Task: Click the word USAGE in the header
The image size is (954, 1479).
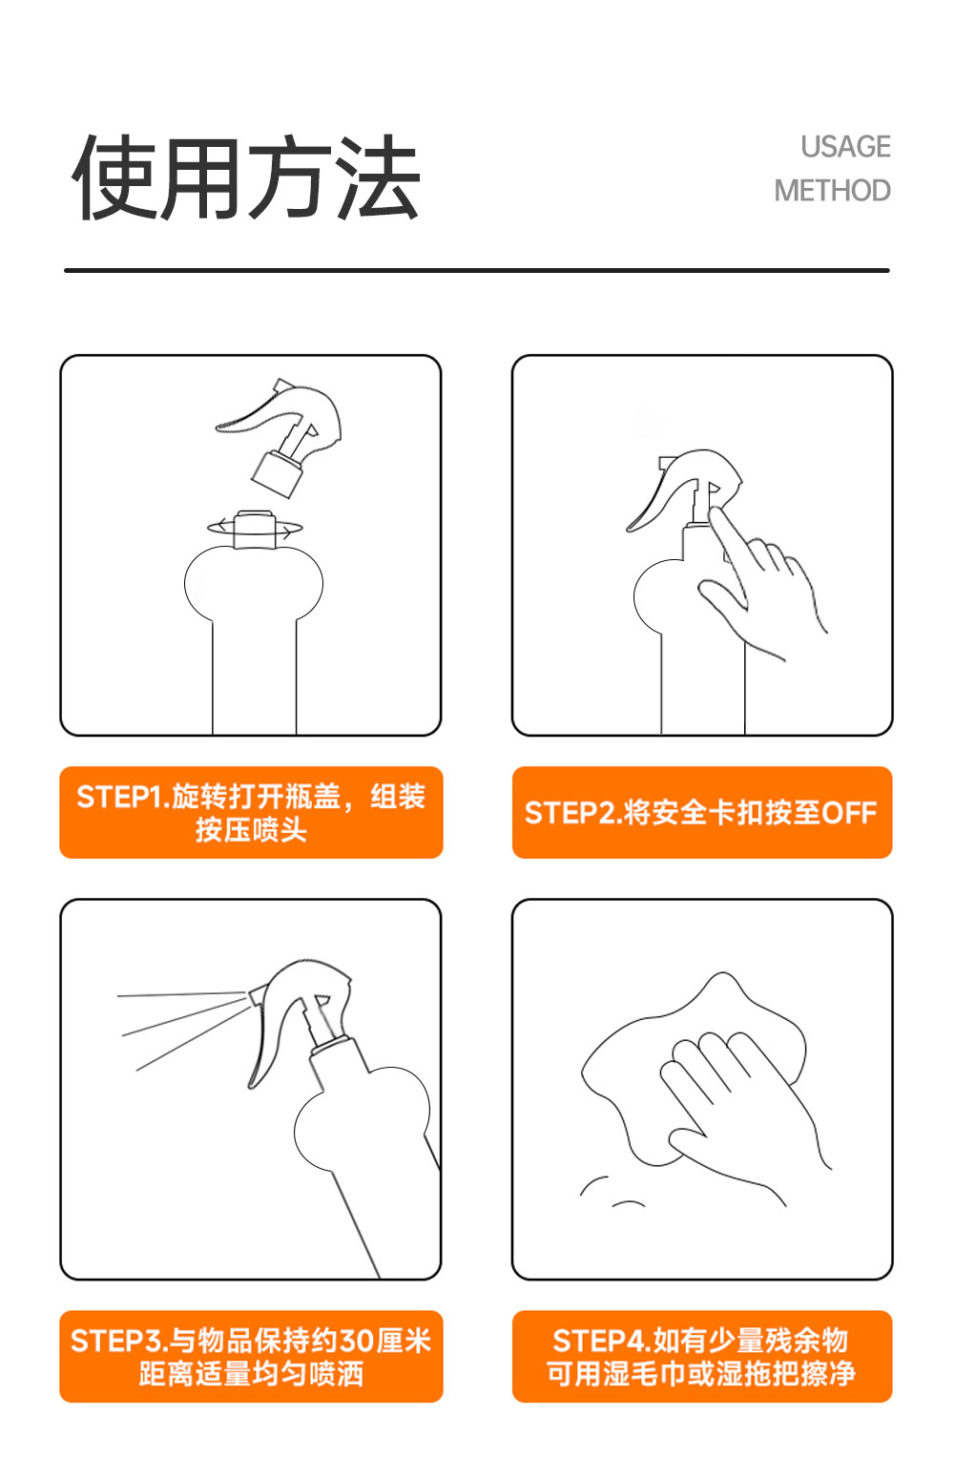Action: (845, 147)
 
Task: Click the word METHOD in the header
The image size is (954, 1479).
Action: (833, 191)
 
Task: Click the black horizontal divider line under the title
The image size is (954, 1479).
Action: (477, 270)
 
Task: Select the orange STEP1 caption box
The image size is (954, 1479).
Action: (251, 812)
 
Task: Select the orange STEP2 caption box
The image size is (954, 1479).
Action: (702, 812)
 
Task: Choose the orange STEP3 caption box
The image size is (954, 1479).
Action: (251, 1356)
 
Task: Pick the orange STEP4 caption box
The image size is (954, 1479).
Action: (702, 1356)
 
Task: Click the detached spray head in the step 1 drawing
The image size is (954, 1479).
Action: (280, 436)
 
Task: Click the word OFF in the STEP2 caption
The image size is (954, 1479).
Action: (849, 813)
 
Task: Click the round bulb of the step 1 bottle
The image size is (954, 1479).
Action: (254, 583)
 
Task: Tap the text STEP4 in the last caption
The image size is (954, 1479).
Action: (601, 1341)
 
